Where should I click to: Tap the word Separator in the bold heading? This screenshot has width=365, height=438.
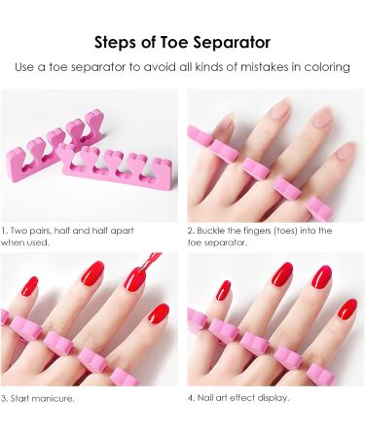pyautogui.click(x=231, y=42)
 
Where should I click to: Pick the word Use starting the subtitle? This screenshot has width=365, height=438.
pyautogui.click(x=31, y=68)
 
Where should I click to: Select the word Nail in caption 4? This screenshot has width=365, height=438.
pyautogui.click(x=207, y=398)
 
